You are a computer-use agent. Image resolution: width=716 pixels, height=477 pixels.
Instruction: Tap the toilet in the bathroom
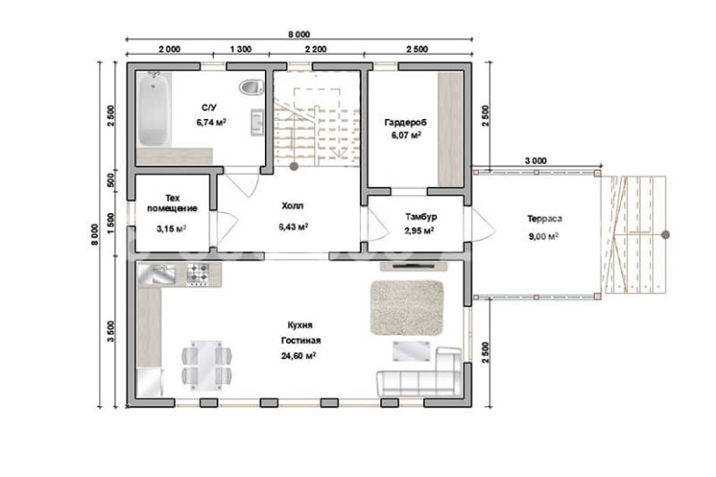pyautogui.click(x=252, y=87)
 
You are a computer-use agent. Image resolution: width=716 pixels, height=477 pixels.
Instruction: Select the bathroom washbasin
pyautogui.click(x=257, y=122)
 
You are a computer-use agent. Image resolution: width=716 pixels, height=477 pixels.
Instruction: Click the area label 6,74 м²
pyautogui.click(x=211, y=122)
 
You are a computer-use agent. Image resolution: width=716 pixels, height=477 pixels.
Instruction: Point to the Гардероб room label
pyautogui.click(x=405, y=123)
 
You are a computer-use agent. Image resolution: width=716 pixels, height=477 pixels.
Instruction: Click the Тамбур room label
pyautogui.click(x=420, y=217)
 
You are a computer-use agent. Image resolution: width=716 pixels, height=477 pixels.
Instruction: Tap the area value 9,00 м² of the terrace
pyautogui.click(x=544, y=236)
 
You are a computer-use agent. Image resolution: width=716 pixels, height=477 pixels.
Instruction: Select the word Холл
pyautogui.click(x=292, y=205)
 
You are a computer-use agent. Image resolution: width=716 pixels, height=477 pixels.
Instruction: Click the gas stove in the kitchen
pyautogui.click(x=198, y=274)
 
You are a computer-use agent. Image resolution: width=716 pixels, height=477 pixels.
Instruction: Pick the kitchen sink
pyautogui.click(x=157, y=274)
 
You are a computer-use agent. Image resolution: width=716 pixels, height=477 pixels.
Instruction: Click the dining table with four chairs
pyautogui.click(x=206, y=365)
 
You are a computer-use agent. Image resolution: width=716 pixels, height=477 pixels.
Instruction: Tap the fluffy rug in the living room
pyautogui.click(x=406, y=308)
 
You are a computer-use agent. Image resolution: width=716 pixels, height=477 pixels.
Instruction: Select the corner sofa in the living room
pyautogui.click(x=419, y=373)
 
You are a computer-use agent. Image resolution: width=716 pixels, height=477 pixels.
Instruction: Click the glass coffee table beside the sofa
pyautogui.click(x=411, y=351)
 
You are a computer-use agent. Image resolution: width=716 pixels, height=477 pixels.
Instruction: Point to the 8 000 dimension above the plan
pyautogui.click(x=299, y=34)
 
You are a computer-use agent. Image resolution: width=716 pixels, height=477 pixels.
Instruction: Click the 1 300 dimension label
pyautogui.click(x=241, y=49)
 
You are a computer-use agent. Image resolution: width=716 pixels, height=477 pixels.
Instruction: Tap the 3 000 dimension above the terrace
pyautogui.click(x=536, y=161)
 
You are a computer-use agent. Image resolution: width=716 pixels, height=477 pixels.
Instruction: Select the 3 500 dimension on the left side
pyautogui.click(x=111, y=331)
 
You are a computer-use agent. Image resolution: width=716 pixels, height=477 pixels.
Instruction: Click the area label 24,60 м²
pyautogui.click(x=298, y=355)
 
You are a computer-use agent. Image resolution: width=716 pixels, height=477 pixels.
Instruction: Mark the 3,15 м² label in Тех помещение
pyautogui.click(x=171, y=229)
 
